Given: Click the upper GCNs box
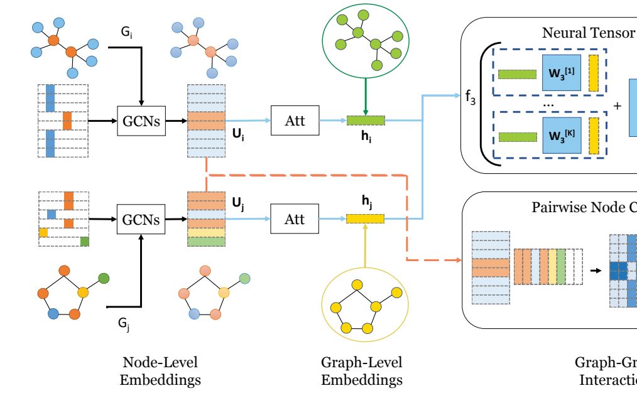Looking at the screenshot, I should (141, 121).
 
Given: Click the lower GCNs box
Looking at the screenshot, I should (141, 220).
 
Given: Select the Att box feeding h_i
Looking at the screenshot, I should (295, 121).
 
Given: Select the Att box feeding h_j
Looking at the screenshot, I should (295, 220).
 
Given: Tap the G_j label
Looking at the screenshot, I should (124, 323).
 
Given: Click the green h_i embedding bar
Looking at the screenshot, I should (366, 120).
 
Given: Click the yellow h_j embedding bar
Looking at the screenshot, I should (365, 218).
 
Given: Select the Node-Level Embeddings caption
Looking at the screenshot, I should (161, 371).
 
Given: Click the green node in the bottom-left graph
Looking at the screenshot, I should (104, 277).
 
